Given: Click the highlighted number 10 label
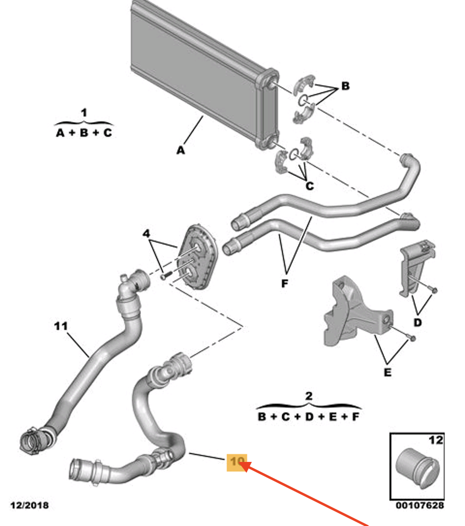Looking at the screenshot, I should coord(237,462).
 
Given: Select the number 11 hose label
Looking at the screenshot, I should coord(61,326).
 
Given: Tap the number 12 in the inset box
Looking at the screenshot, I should coord(436,440).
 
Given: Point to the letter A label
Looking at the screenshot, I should coord(181,151).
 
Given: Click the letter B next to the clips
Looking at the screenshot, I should coord(345,86).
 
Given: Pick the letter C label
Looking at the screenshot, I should coord(310,186).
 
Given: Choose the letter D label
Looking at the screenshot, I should coord(418,323).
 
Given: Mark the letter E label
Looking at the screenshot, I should coord(387,373).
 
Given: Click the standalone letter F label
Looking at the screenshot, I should coord(284,283).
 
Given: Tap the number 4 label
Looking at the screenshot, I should coord(147,233).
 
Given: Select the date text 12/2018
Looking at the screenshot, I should coord(30,506).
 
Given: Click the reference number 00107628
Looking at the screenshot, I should coord(419,506).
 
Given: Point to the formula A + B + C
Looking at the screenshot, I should coord(84,132).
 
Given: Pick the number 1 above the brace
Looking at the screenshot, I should coord(84,113).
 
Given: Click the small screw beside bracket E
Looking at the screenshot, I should coord(411,338).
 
